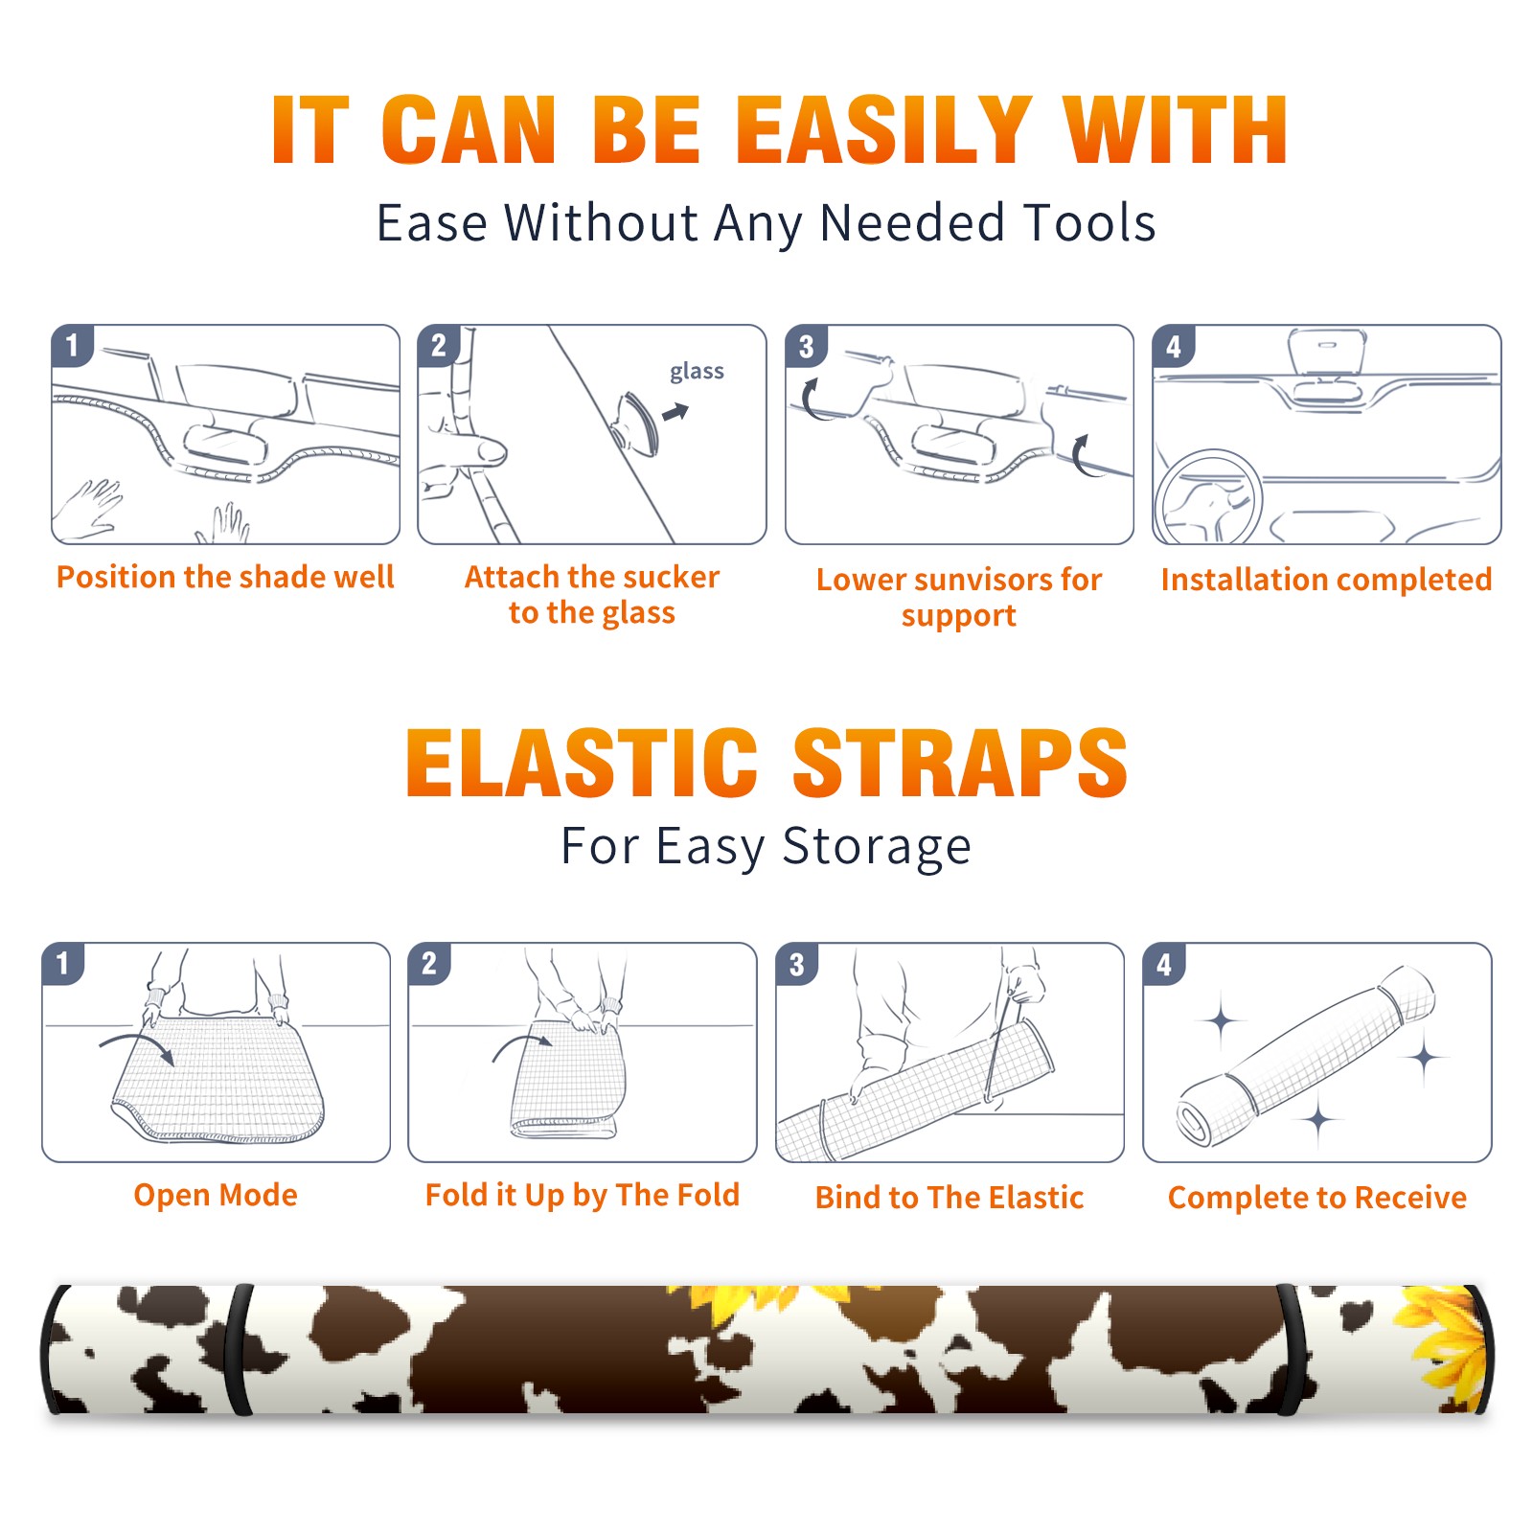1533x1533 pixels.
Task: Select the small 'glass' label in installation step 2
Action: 697,372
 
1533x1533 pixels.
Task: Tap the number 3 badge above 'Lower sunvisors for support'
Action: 806,346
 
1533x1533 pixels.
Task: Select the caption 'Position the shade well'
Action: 225,577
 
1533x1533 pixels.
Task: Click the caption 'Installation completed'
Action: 1326,580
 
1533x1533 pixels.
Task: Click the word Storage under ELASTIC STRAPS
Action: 877,848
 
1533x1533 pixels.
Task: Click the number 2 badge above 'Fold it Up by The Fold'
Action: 429,963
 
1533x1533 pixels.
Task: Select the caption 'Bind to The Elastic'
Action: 950,1198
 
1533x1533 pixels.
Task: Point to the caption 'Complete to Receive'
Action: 1317,1198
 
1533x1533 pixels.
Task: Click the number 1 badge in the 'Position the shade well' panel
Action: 72,345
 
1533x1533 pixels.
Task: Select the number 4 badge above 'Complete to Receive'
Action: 1164,963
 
